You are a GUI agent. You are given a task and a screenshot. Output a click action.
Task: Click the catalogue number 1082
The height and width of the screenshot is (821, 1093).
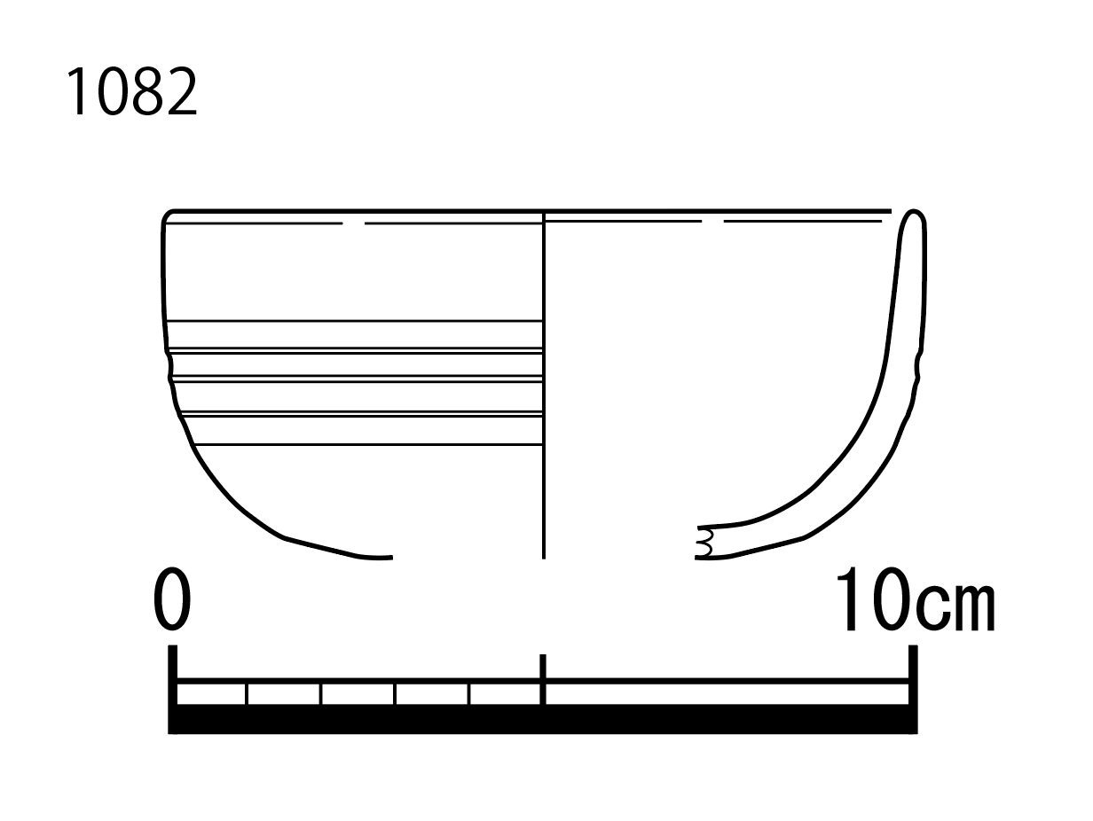coord(132,91)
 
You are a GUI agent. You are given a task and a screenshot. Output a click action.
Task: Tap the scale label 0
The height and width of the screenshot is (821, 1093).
coord(172,598)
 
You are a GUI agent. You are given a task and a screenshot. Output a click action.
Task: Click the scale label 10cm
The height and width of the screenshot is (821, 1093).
coord(916,598)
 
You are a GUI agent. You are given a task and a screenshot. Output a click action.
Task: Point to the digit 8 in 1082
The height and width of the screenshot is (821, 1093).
coord(148,91)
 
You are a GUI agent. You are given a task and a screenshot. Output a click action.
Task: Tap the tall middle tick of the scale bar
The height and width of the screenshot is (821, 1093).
coord(543,678)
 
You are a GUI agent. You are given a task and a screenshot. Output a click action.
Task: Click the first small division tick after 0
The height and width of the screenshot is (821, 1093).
coord(247,693)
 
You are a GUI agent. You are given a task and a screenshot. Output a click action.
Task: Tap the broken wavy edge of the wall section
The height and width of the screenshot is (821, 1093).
coord(705,543)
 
